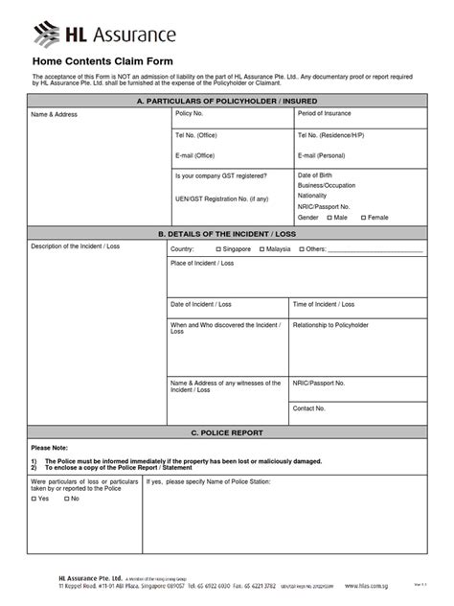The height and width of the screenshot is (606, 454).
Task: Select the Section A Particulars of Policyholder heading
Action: click(227, 101)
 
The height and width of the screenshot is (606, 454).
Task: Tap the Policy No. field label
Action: click(190, 113)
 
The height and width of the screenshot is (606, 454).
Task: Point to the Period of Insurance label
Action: click(325, 113)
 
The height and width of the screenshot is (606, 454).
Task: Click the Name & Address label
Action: click(55, 114)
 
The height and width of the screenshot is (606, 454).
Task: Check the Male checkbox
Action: click(328, 218)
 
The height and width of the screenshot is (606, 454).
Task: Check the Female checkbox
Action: click(364, 218)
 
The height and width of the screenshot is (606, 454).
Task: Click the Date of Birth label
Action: click(317, 175)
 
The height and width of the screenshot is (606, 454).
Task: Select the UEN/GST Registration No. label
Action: click(221, 198)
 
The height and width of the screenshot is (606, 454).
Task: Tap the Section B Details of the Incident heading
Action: click(227, 233)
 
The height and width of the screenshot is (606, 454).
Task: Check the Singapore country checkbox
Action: click(218, 248)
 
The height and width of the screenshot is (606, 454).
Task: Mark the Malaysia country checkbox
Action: click(261, 248)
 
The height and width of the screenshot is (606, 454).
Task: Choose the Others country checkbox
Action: click(299, 248)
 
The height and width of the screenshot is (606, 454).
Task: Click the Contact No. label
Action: click(309, 408)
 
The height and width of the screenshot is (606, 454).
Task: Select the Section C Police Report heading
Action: click(227, 432)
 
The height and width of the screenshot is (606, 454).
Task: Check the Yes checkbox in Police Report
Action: click(34, 499)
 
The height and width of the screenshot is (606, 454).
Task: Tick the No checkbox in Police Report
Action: click(64, 499)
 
